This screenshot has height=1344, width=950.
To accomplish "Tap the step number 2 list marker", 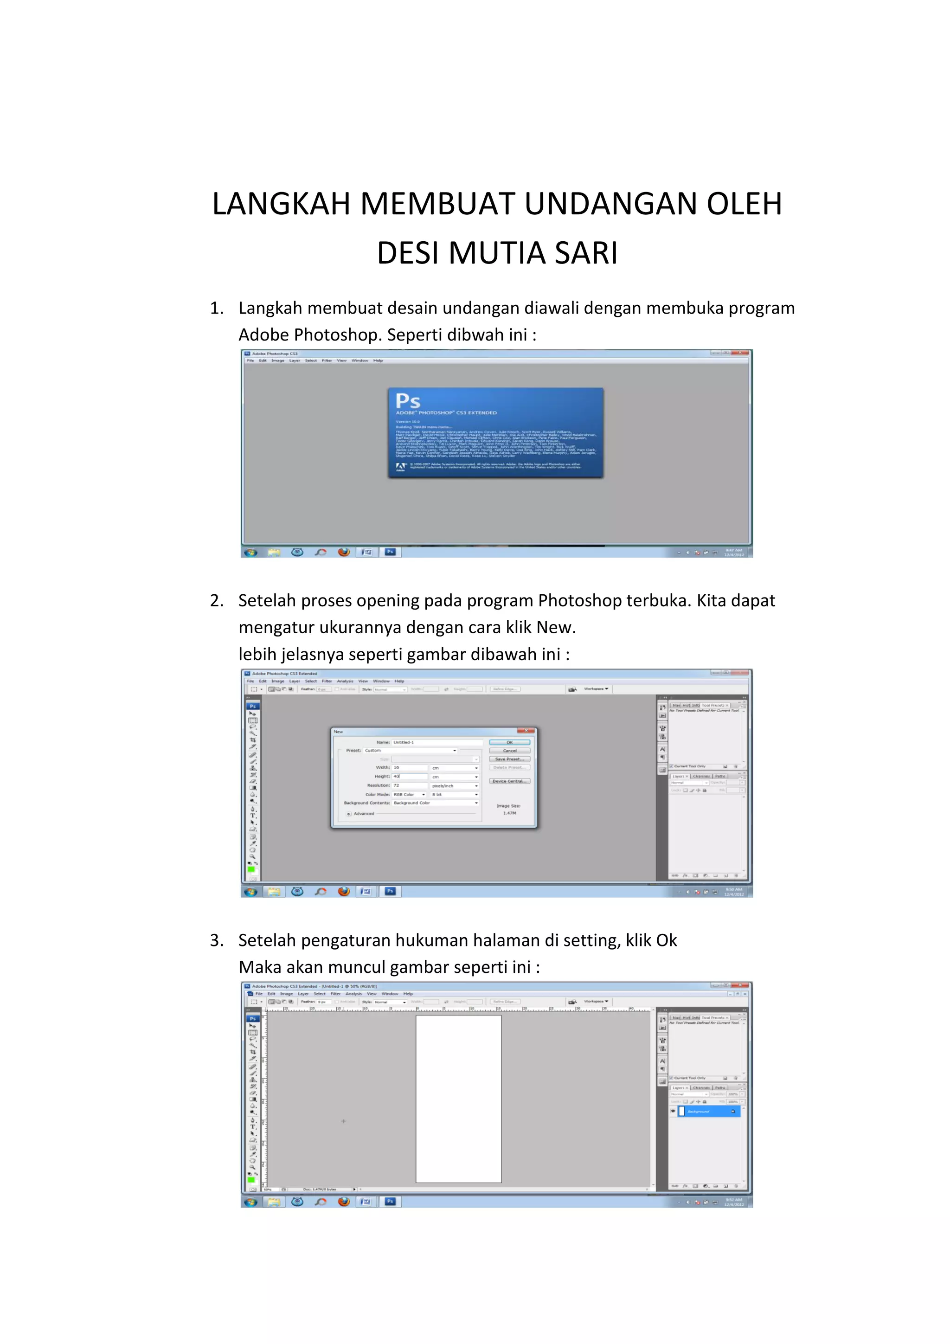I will click(216, 601).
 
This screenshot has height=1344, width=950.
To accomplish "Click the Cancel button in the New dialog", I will click(509, 751).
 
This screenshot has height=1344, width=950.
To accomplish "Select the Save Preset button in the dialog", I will click(509, 759).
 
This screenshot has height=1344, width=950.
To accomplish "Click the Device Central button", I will click(509, 781).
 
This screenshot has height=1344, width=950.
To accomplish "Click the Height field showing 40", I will click(409, 776).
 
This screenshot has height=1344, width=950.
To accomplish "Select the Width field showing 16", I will click(409, 767).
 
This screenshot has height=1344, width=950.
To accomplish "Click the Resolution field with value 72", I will click(409, 785).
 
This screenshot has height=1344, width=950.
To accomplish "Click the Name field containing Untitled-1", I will click(436, 742).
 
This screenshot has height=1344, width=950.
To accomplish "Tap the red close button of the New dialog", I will click(526, 731).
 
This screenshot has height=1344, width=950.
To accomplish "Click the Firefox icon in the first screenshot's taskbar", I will click(344, 552).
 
